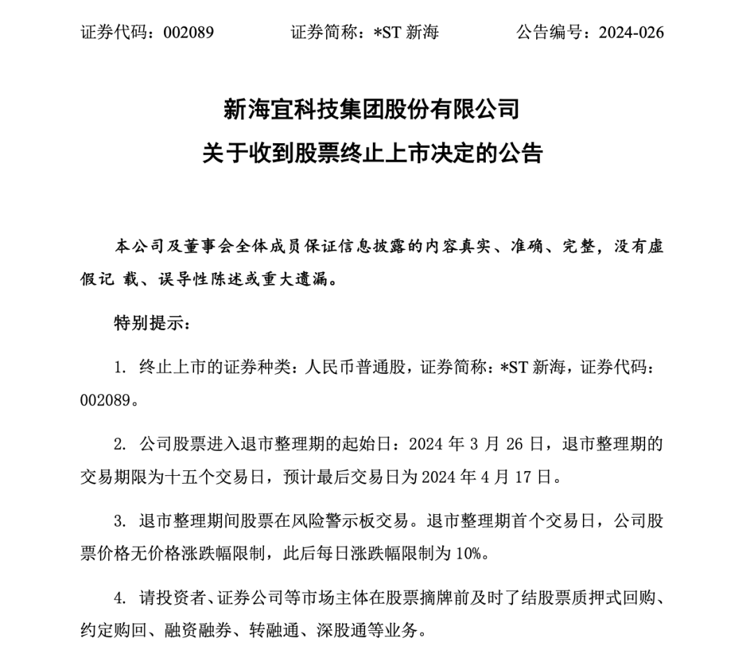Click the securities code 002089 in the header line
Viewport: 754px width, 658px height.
188,33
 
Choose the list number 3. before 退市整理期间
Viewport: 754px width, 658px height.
121,521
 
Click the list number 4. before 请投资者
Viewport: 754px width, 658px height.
121,597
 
